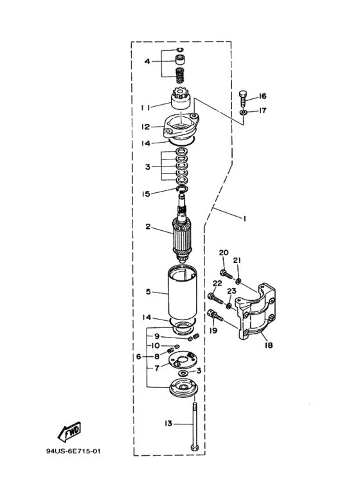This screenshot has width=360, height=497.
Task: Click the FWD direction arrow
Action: [69, 431]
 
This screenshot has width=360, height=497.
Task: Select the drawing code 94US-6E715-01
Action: [73, 451]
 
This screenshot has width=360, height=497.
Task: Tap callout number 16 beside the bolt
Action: [262, 96]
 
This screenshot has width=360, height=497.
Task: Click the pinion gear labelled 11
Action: [180, 98]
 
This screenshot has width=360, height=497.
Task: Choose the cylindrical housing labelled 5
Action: [182, 293]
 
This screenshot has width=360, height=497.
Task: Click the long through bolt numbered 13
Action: [194, 426]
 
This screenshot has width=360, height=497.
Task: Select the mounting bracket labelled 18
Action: [256, 312]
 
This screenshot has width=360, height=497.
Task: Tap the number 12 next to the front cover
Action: [145, 127]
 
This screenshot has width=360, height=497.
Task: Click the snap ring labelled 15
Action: [182, 189]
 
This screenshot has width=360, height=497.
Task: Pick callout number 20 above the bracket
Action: [224, 253]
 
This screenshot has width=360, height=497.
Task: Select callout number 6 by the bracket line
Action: [138, 357]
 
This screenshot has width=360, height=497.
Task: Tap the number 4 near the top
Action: [147, 61]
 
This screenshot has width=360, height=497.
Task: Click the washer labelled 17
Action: [244, 113]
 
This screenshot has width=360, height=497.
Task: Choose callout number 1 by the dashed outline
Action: [244, 219]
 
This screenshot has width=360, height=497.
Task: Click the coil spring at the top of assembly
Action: [180, 76]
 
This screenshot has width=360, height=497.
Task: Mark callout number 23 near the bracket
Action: [231, 291]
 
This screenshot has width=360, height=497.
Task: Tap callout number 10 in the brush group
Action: [156, 345]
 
